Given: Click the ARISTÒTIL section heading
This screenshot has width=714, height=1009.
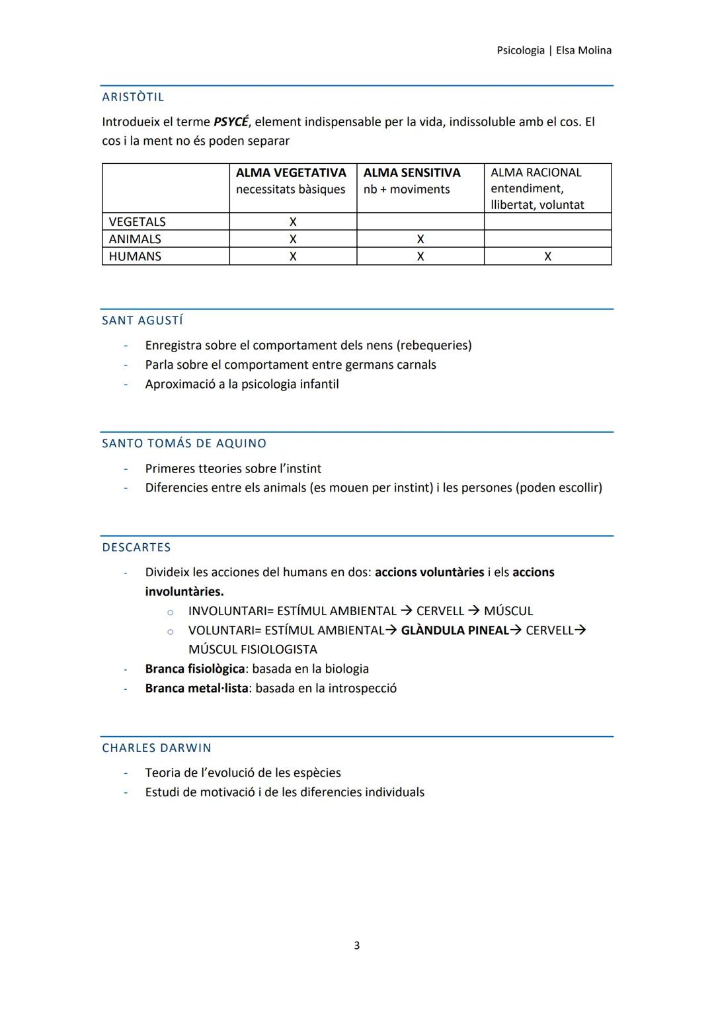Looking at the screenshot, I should (x=133, y=97).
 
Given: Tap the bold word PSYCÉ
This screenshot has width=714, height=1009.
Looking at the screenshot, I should (x=231, y=122).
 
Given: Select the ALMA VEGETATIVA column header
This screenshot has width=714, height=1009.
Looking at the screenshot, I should (x=291, y=173).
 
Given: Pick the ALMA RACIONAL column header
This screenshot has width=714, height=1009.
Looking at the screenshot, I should (x=535, y=173).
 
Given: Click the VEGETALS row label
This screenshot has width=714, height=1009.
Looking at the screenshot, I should (x=137, y=222).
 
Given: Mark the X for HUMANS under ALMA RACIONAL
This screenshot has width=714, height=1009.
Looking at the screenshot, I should (x=547, y=256).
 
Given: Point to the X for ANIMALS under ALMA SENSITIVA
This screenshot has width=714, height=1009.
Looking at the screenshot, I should (x=420, y=239).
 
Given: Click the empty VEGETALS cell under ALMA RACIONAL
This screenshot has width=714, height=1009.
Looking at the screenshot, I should (x=547, y=222).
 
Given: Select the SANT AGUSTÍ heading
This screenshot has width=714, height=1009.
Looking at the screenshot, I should (x=142, y=320).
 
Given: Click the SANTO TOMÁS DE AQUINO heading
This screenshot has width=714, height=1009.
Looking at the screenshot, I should (x=184, y=443).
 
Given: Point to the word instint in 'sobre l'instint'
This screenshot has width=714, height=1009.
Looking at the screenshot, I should (x=301, y=469).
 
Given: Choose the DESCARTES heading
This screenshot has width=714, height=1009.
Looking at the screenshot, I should (x=136, y=547).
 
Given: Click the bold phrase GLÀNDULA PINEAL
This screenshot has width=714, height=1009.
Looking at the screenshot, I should (x=455, y=630).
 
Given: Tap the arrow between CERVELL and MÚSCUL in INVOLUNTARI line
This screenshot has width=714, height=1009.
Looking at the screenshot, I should (x=474, y=611).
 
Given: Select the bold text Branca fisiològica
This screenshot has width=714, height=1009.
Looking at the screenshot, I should (x=195, y=669).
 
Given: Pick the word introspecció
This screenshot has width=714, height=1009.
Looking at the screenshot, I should (x=363, y=689).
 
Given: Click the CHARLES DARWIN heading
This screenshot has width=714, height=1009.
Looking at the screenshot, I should (x=157, y=748).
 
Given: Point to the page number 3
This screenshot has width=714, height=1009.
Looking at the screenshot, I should (x=357, y=946).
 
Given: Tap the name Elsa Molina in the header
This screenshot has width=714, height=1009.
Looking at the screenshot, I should (x=584, y=50).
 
